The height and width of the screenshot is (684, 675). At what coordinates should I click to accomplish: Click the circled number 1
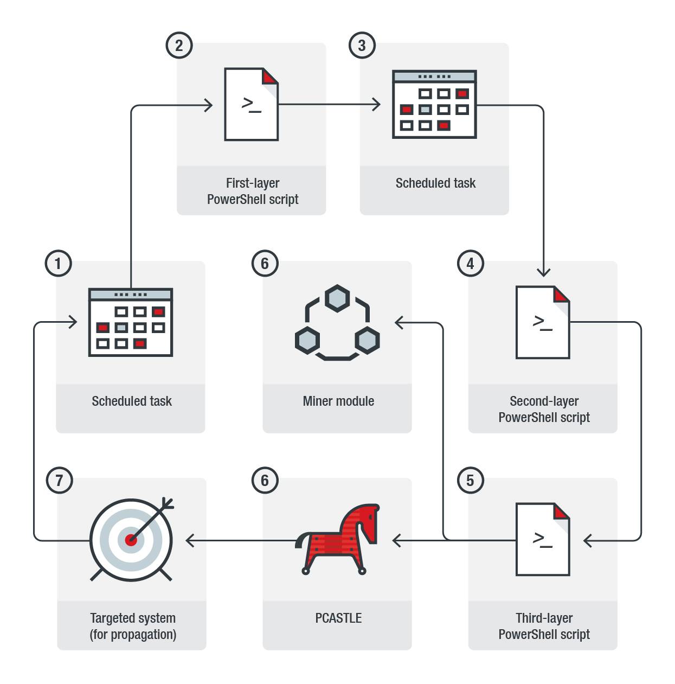click(58, 264)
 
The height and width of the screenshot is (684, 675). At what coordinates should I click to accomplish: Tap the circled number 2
click(179, 46)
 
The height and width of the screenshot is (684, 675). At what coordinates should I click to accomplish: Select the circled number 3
click(362, 46)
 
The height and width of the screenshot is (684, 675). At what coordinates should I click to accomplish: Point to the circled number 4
click(470, 264)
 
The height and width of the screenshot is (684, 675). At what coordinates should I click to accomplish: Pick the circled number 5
click(470, 480)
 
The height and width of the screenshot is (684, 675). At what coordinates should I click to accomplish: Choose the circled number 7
click(59, 480)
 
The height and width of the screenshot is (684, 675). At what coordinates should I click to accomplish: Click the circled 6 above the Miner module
click(265, 264)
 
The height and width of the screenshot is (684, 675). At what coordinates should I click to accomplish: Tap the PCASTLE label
click(338, 618)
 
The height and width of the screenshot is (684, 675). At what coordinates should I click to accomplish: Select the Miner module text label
click(338, 401)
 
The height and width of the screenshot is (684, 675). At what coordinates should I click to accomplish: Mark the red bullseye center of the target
click(131, 540)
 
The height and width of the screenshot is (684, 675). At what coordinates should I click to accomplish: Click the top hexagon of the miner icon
click(337, 298)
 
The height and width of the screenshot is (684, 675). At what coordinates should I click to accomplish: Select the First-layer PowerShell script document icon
click(252, 104)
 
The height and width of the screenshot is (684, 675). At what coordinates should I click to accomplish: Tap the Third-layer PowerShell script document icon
click(543, 539)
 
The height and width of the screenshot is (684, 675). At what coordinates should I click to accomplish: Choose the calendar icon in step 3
click(434, 104)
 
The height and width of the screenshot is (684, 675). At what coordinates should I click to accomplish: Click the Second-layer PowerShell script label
click(544, 409)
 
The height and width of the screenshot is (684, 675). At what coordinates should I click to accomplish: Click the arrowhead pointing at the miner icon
click(399, 323)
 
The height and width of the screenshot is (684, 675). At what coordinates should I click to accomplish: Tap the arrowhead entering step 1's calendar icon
click(72, 322)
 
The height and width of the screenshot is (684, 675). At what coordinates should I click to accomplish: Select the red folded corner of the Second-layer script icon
click(562, 295)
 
